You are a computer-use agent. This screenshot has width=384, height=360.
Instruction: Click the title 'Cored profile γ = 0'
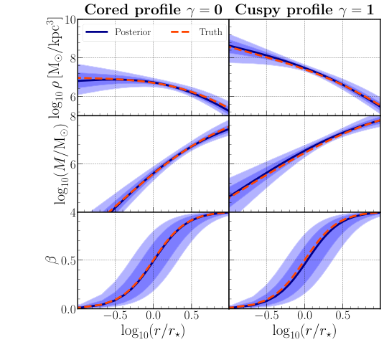151,9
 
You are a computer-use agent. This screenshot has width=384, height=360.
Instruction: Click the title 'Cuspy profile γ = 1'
304,9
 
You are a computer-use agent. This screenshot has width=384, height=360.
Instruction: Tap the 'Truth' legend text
211,33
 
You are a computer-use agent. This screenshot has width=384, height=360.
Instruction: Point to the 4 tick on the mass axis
70,212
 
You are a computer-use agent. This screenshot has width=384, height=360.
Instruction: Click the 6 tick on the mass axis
70,164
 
